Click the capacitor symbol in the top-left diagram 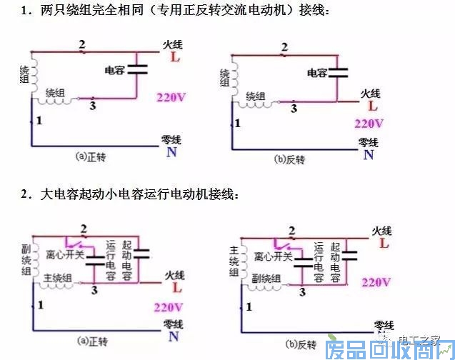[x=136, y=71]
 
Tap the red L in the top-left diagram [x=175, y=57]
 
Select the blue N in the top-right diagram [x=369, y=154]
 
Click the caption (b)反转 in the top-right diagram [x=290, y=159]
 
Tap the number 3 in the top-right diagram [x=294, y=108]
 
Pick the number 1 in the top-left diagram [x=38, y=121]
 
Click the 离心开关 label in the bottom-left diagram [x=64, y=254]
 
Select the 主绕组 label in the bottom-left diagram [x=58, y=278]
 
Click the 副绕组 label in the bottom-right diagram [x=264, y=279]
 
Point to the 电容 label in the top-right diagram [x=316, y=72]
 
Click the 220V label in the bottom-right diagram [x=376, y=282]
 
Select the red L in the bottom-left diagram [x=177, y=289]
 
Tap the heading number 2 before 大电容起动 [x=24, y=194]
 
